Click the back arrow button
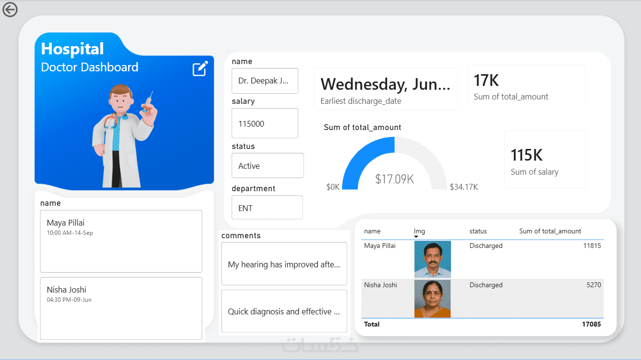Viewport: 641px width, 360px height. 10,9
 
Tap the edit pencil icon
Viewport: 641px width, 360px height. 200,69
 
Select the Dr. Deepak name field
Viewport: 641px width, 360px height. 265,81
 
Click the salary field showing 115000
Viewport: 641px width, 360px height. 265,123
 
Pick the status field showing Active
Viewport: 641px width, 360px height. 267,166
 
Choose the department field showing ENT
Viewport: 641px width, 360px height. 267,208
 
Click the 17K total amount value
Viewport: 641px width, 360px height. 486,80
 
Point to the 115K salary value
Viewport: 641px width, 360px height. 527,155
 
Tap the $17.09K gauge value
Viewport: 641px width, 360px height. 394,179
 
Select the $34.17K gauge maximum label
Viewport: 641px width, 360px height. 464,187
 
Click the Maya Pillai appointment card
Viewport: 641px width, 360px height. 121,241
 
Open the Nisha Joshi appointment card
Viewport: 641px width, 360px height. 121,308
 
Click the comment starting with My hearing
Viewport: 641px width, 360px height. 284,264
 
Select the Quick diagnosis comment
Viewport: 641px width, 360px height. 284,311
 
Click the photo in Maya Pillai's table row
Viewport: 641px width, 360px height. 433,259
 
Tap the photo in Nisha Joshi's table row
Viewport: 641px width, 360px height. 433,298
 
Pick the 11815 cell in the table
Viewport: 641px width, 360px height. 592,245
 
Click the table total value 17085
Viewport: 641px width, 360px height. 591,324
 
